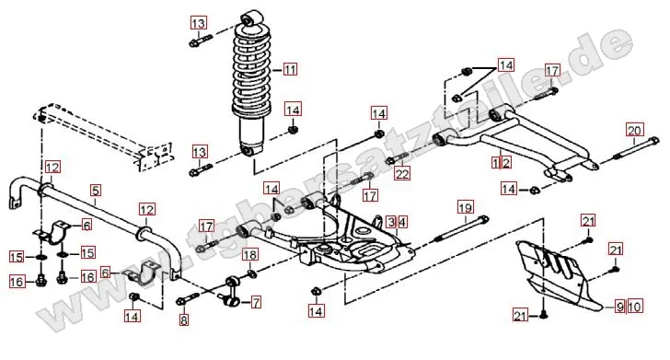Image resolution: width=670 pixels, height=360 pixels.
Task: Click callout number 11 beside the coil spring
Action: pos(291,69)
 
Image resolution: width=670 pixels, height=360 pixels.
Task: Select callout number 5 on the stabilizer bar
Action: pos(95,192)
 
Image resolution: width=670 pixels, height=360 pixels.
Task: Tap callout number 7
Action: pos(255,301)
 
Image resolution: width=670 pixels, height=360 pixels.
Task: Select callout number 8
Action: pos(184,320)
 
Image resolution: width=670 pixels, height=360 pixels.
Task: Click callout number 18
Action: pos(249,254)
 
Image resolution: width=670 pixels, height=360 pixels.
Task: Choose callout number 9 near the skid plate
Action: pos(619,305)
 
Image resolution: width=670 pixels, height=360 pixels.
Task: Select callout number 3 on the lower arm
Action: pos(390,222)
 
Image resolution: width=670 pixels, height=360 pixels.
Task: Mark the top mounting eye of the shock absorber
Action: pos(248,18)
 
